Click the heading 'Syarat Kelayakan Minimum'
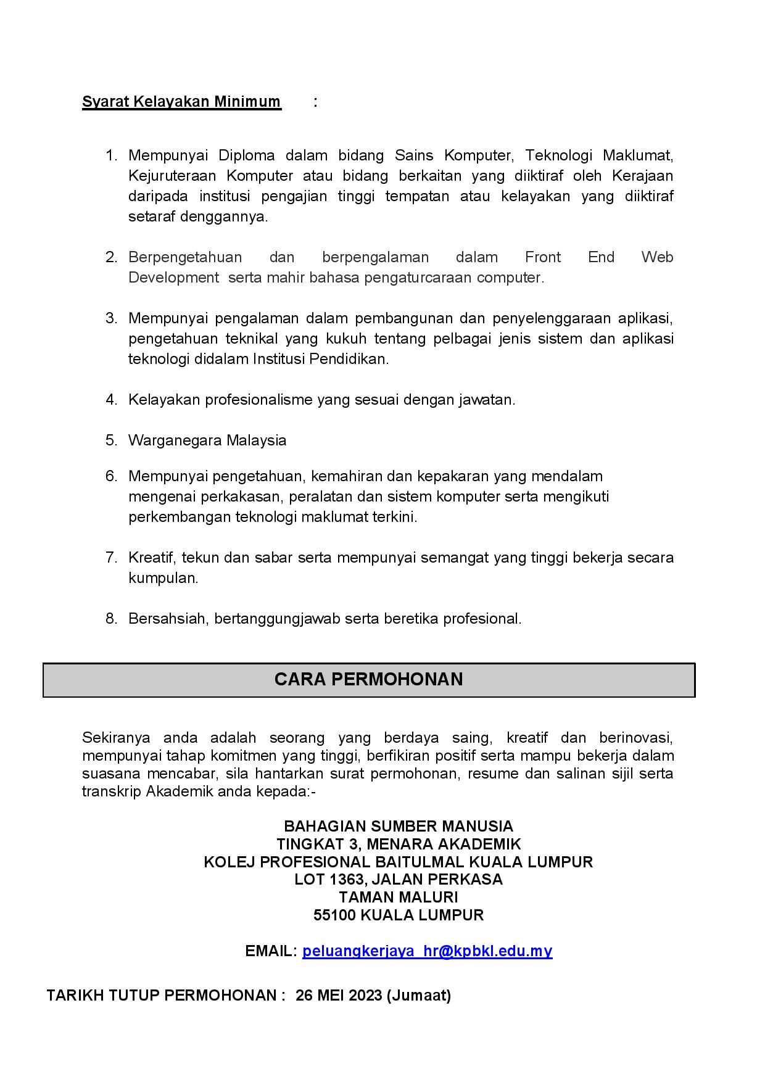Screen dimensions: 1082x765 click(x=181, y=102)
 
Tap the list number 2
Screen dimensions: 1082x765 click(x=111, y=257)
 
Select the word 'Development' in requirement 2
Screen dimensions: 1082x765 click(x=173, y=278)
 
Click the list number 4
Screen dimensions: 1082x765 click(x=111, y=400)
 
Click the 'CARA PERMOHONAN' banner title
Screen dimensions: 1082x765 click(x=368, y=679)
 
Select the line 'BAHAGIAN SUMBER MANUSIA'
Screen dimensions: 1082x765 click(x=398, y=827)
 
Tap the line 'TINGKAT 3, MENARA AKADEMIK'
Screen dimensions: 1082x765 click(x=399, y=844)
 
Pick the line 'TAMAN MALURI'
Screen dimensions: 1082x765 click(x=398, y=897)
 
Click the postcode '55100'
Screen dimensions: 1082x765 click(x=334, y=915)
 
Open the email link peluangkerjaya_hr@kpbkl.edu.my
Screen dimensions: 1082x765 click(x=427, y=951)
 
